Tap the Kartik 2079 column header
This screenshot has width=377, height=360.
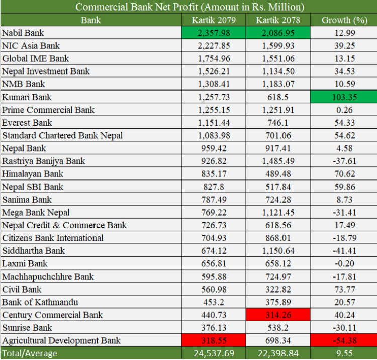coord(214,20)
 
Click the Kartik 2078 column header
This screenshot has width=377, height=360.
coord(278,20)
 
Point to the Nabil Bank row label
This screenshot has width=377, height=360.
coord(23,33)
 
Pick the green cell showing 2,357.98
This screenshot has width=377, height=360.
coord(214,33)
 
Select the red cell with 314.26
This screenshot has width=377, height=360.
coord(278,315)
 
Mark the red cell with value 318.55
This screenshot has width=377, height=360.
coord(214,341)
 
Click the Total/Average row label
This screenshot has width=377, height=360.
coord(29,353)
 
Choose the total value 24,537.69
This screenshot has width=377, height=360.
coord(214,353)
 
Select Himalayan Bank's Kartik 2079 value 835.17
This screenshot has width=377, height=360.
coord(214,174)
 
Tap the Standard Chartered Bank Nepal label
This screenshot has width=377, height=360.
coord(62,135)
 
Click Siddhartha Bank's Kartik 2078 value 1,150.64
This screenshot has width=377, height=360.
coord(278,251)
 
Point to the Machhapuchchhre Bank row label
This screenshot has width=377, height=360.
coord(48,277)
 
